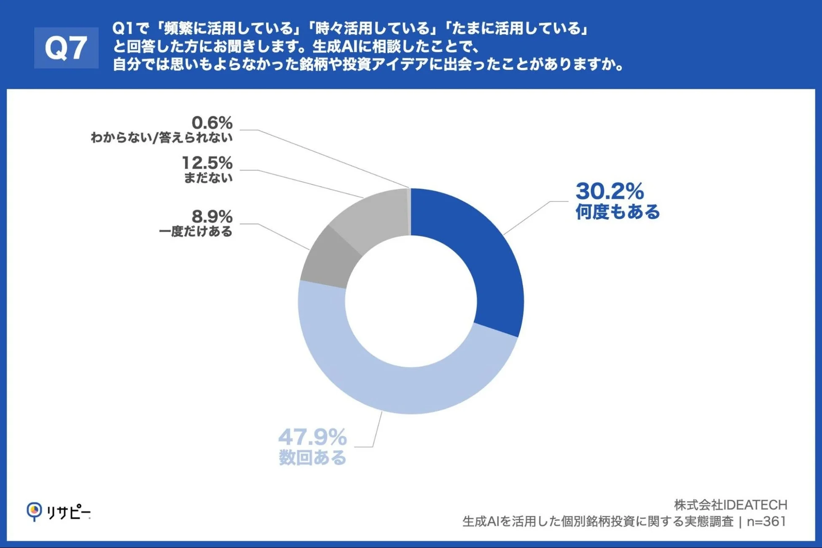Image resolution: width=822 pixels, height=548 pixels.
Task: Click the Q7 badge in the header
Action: pyautogui.click(x=66, y=48)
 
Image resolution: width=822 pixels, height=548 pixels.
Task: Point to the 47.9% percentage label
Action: pyautogui.click(x=312, y=437)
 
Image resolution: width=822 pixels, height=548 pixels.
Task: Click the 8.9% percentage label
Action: pyautogui.click(x=212, y=217)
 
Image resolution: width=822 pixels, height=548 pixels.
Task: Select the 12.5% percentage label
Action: pyautogui.click(x=207, y=163)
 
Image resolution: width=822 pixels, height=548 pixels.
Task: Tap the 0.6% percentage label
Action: pyautogui.click(x=212, y=123)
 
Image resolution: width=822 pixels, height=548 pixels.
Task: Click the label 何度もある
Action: pyautogui.click(x=617, y=212)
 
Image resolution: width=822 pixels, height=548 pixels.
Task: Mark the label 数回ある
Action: pyautogui.click(x=312, y=458)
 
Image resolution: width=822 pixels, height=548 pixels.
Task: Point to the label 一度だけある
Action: pyautogui.click(x=196, y=231)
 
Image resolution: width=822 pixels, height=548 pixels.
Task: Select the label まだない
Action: pyautogui.click(x=208, y=178)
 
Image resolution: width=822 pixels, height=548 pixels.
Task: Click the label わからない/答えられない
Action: pyautogui.click(x=161, y=137)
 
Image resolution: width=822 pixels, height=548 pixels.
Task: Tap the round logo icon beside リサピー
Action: pyautogui.click(x=34, y=511)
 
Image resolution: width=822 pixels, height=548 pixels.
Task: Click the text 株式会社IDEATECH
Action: pyautogui.click(x=730, y=505)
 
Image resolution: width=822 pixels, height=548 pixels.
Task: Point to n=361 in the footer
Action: pyautogui.click(x=766, y=521)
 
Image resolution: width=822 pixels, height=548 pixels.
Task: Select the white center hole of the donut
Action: pyautogui.click(x=411, y=301)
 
